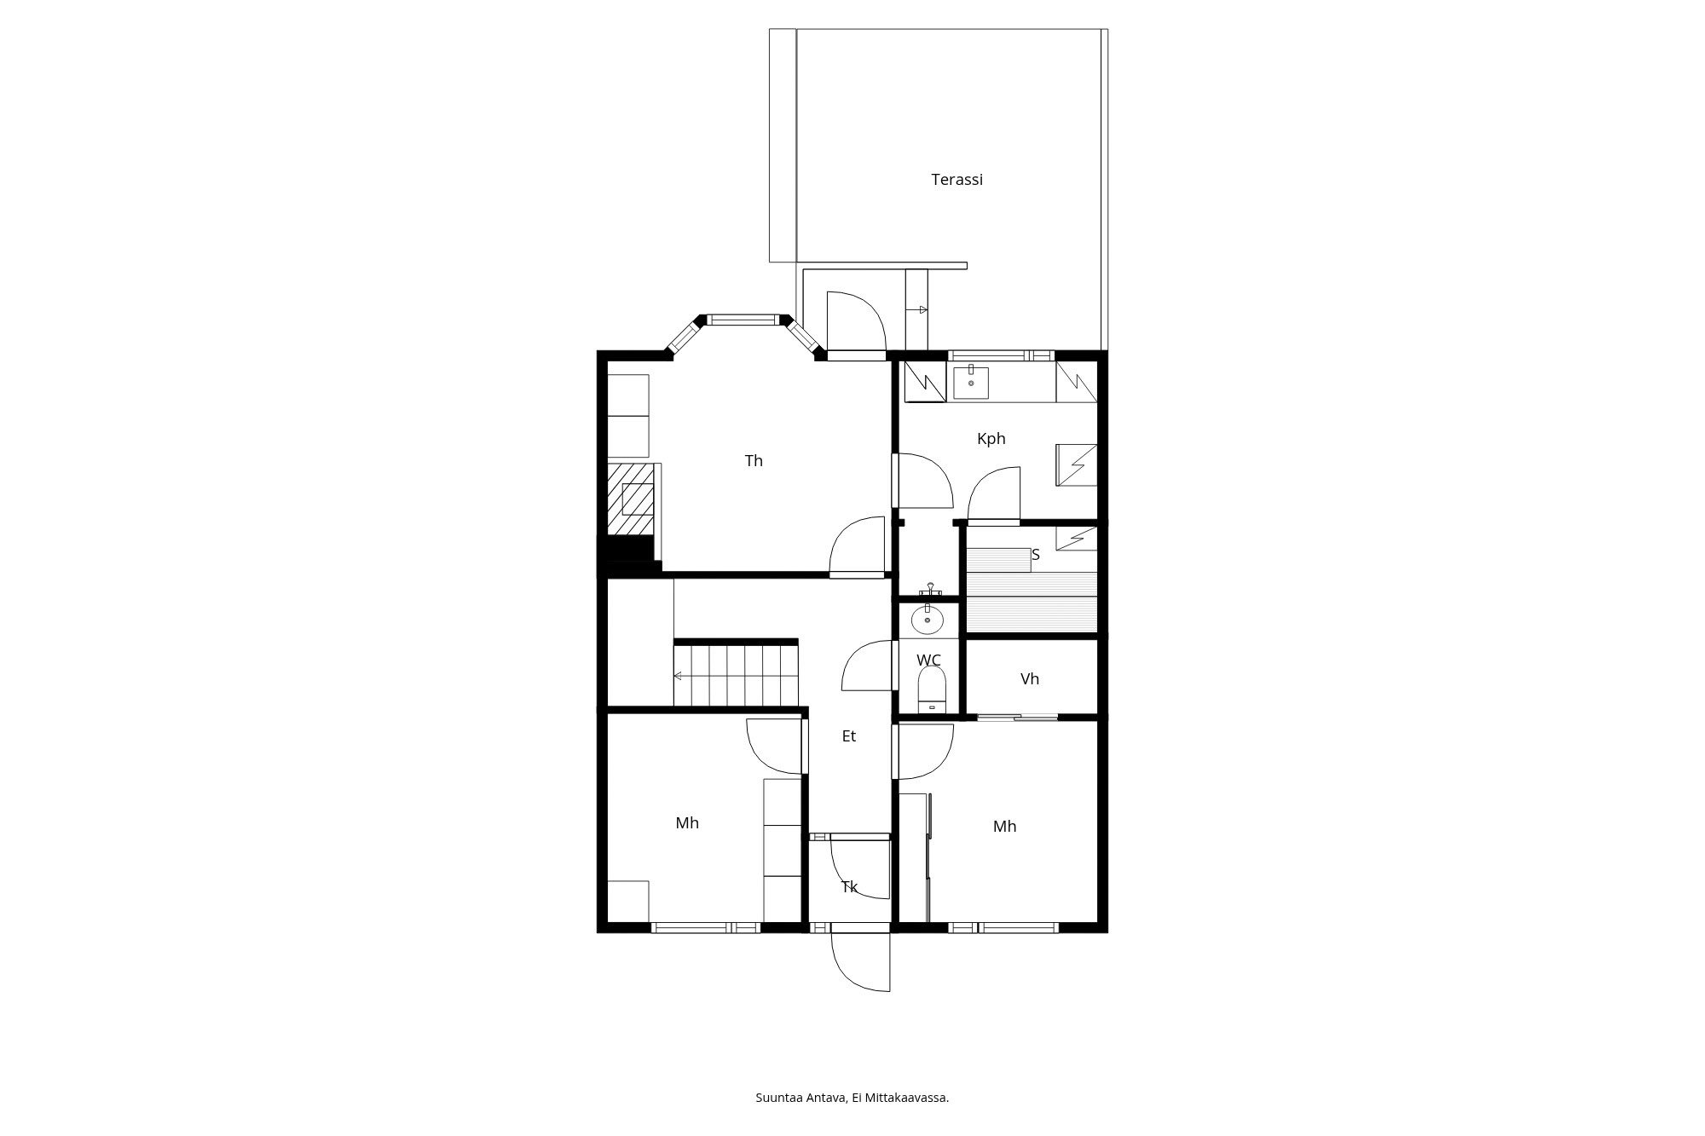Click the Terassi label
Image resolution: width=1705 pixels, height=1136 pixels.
[957, 180]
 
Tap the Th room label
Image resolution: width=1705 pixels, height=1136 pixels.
[754, 461]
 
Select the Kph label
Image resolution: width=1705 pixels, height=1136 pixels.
[991, 439]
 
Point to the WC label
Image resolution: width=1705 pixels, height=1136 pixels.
[928, 660]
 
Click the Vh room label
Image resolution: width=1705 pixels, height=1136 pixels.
[1030, 679]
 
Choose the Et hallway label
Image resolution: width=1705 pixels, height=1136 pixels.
[849, 736]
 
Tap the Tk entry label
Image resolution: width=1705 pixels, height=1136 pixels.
[849, 887]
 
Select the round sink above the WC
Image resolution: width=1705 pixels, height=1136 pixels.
[928, 620]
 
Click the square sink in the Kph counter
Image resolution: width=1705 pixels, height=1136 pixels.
[971, 383]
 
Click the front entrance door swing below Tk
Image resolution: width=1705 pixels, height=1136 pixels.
[860, 961]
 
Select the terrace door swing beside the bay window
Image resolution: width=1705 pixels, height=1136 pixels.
[856, 321]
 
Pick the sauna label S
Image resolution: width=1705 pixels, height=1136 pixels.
[1036, 555]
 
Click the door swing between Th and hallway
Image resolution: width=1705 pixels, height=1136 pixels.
[858, 546]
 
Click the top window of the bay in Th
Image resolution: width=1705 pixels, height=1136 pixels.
[743, 320]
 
